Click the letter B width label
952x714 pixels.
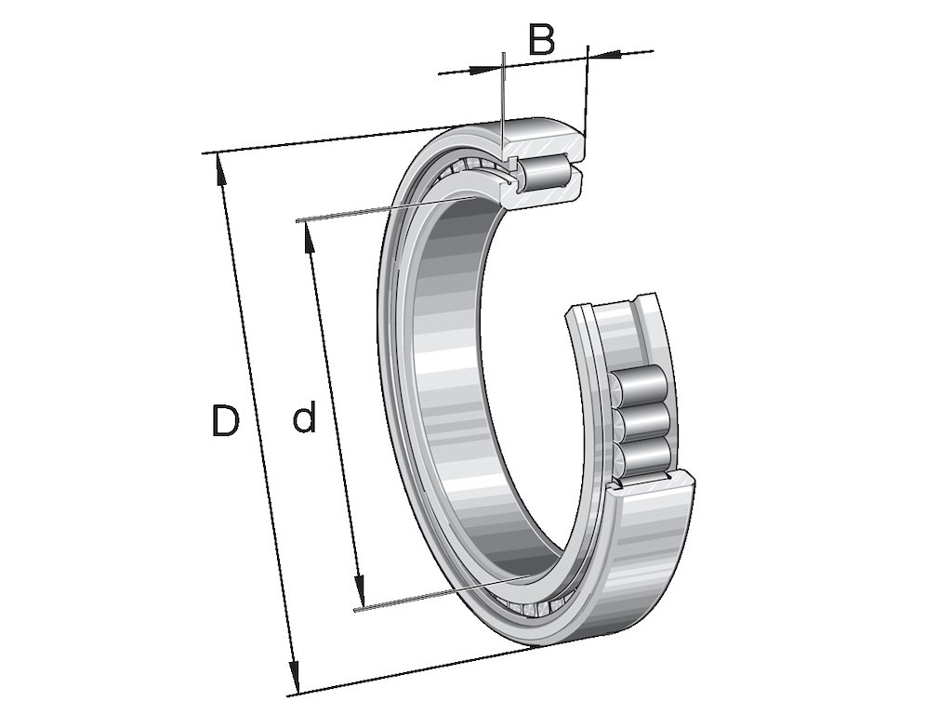click(541, 39)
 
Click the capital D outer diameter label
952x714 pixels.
click(224, 421)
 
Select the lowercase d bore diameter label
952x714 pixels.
click(304, 419)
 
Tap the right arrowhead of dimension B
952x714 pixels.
click(603, 54)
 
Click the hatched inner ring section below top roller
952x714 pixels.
click(549, 194)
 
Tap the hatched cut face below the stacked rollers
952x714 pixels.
click(651, 483)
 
